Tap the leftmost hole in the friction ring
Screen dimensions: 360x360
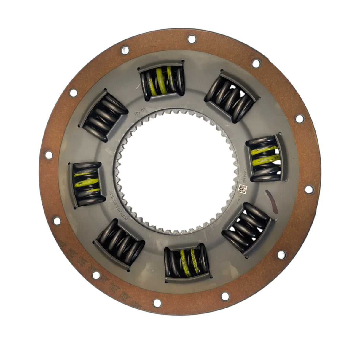click(47, 154)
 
